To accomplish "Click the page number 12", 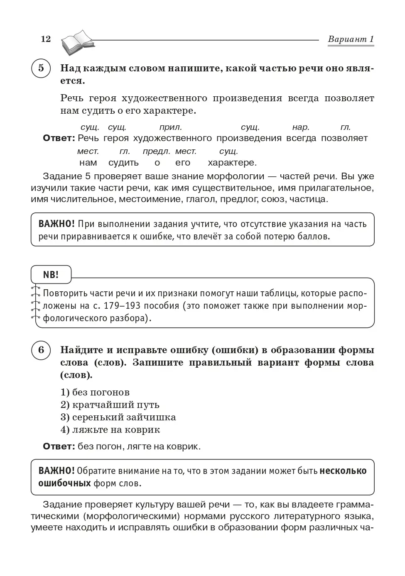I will pyautogui.click(x=46, y=39).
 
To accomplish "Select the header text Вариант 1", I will pyautogui.click(x=351, y=39).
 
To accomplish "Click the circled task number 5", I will pyautogui.click(x=41, y=68).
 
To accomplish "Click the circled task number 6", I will pyautogui.click(x=41, y=350).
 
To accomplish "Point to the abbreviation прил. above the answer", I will pyautogui.click(x=170, y=127).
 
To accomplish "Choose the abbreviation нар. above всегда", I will pyautogui.click(x=301, y=127).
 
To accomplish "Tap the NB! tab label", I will pyautogui.click(x=51, y=275).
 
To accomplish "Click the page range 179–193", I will pyautogui.click(x=117, y=306).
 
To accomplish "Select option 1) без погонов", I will pyautogui.click(x=95, y=392).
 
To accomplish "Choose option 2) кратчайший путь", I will pyautogui.click(x=110, y=405).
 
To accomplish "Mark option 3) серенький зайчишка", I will pyautogui.click(x=118, y=417).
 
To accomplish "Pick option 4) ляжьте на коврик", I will pyautogui.click(x=110, y=430).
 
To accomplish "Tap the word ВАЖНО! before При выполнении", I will pyautogui.click(x=56, y=224).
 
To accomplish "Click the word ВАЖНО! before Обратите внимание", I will pyautogui.click(x=56, y=471).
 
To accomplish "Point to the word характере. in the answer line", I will pyautogui.click(x=232, y=163).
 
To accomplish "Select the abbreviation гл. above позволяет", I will pyautogui.click(x=345, y=127).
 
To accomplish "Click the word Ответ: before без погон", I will pyautogui.click(x=58, y=447).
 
